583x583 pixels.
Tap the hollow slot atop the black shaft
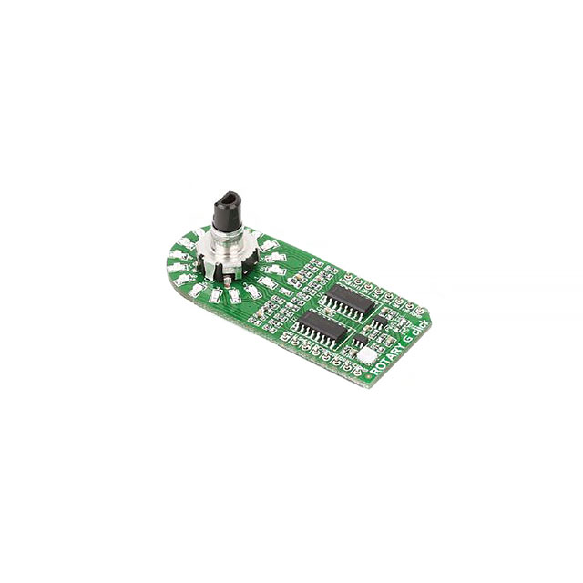[229, 196]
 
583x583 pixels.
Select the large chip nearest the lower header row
[320, 326]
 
